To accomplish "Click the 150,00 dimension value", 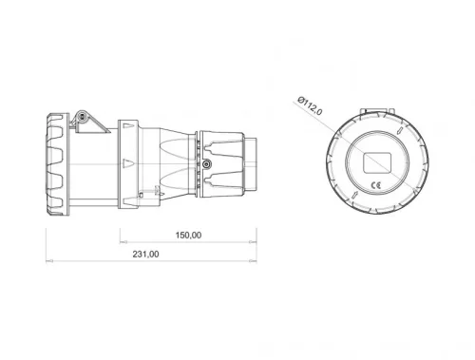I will [188, 235].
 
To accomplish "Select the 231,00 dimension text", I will [144, 255].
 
